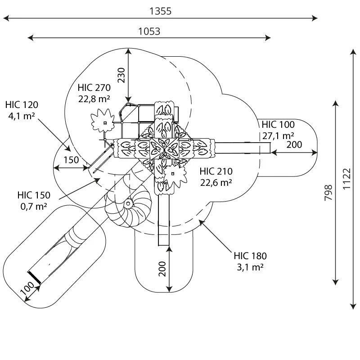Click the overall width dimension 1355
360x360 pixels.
click(x=161, y=11)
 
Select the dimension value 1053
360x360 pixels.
click(x=149, y=31)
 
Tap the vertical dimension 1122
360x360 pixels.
click(x=346, y=179)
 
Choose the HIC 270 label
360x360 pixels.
click(x=94, y=87)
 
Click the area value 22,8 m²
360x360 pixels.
click(x=94, y=99)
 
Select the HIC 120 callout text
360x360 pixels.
click(x=22, y=105)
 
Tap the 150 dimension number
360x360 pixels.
click(x=71, y=160)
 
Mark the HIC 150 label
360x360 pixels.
click(x=34, y=195)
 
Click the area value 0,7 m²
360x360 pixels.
click(x=34, y=207)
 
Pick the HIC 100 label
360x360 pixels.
click(x=278, y=124)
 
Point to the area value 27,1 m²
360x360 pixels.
click(x=278, y=135)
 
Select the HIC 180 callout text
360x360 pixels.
click(x=250, y=256)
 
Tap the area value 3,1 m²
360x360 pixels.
click(x=250, y=267)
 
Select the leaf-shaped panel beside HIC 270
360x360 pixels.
click(x=104, y=121)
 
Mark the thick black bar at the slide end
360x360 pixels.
click(x=34, y=277)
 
